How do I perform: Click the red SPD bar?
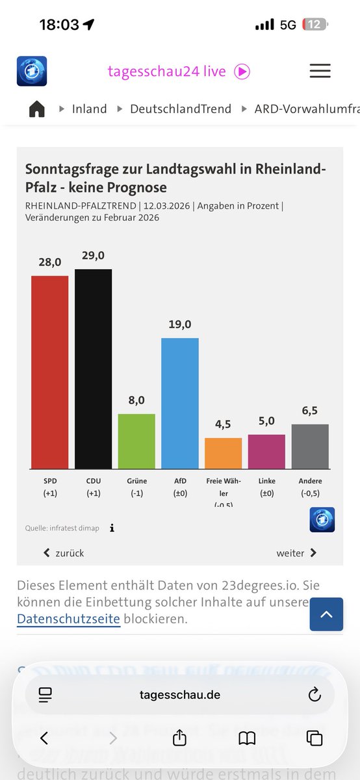point(49,372)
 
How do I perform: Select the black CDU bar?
point(93,369)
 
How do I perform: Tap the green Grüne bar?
point(136,441)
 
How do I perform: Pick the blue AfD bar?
point(180,403)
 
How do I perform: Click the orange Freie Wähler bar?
point(223,453)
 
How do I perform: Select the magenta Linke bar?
point(266,452)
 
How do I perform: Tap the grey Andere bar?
point(310,447)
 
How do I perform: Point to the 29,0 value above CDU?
point(93,255)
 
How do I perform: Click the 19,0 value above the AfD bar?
point(180,324)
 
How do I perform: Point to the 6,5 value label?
point(310,411)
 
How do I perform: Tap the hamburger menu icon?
point(320,71)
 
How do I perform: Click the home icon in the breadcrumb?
point(37,109)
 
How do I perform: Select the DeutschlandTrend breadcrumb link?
point(181,109)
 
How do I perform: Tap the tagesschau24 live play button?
point(242,71)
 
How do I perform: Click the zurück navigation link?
point(64,553)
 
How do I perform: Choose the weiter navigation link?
point(296,553)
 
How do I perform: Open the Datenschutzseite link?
point(68,619)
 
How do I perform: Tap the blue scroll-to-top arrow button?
point(326,614)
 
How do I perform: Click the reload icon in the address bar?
point(315,695)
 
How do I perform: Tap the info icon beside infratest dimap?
point(112,528)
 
